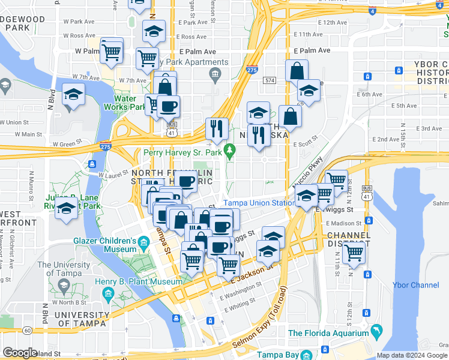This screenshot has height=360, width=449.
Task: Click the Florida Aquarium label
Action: [328, 333]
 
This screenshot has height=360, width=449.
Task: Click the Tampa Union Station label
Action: [259, 203]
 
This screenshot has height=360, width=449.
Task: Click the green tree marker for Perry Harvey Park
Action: [228, 149]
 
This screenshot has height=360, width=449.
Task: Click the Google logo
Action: [20, 353]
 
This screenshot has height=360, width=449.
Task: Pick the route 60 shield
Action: [27, 330]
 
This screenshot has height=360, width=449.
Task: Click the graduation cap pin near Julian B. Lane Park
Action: [65, 209]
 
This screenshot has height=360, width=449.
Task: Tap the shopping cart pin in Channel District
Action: [354, 252]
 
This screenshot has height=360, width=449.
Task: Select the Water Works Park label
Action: [130, 103]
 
